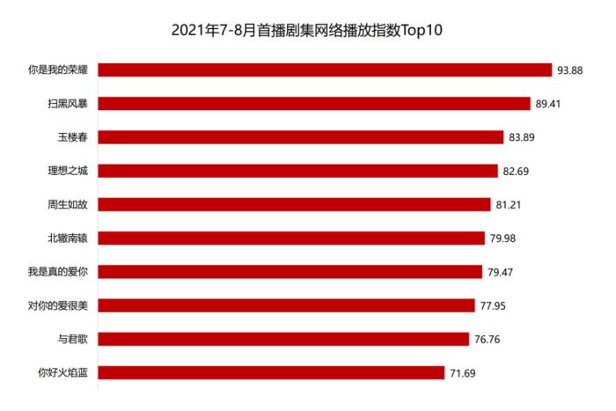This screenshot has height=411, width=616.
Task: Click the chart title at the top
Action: [307, 31]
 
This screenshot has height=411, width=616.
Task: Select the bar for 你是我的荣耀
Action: [324, 70]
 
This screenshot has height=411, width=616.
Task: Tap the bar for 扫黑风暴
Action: [314, 103]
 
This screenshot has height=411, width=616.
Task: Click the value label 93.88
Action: [570, 70]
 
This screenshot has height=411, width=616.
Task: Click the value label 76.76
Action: [487, 339]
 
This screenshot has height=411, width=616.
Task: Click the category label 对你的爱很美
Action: [59, 305]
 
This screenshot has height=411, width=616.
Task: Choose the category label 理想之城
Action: [68, 171]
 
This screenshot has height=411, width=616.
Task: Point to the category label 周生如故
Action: [68, 204]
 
